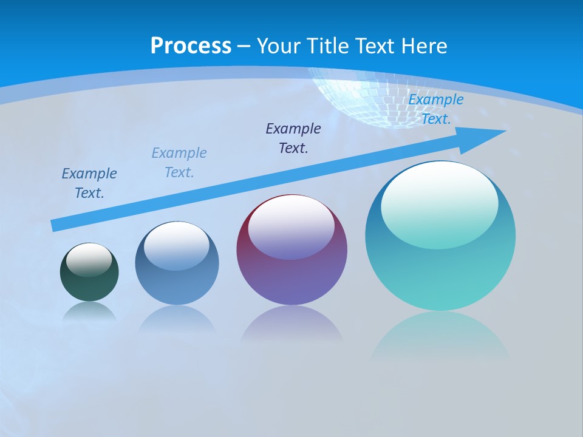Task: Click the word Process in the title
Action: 191,46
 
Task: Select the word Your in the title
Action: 277,46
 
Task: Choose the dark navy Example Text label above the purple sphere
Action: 293,138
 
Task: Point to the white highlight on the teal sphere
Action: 439,203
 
